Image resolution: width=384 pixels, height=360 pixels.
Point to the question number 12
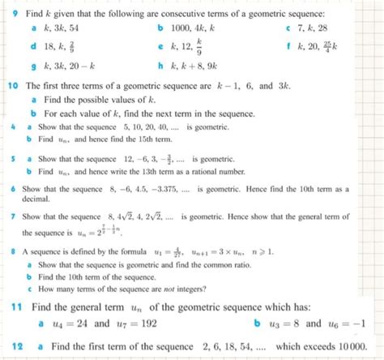(x=16, y=345)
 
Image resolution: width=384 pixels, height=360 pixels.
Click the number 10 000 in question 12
(x=352, y=345)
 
